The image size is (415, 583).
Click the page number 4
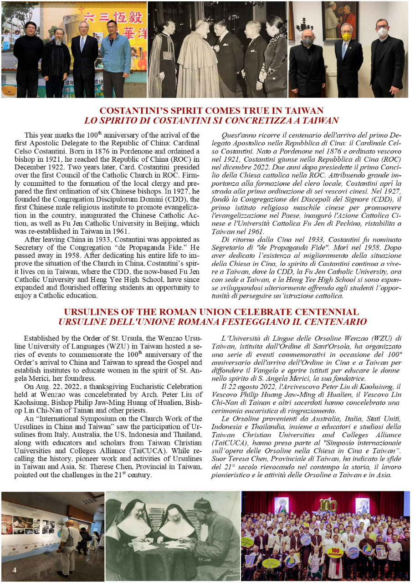14,570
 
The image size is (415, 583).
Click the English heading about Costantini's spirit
211,111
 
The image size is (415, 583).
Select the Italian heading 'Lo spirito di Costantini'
211,121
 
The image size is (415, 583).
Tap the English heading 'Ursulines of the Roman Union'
211,312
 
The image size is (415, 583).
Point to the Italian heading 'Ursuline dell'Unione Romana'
212,322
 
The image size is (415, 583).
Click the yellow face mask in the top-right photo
347,36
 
